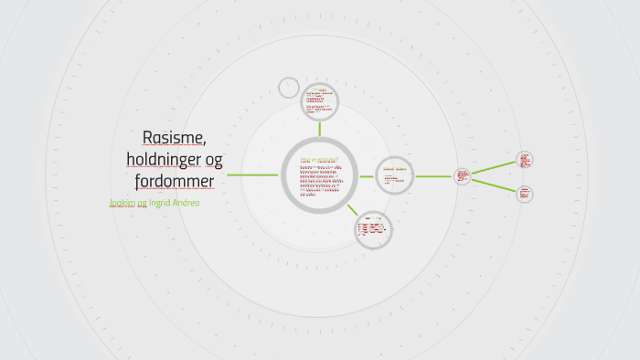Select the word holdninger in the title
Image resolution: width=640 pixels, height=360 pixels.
(161, 160)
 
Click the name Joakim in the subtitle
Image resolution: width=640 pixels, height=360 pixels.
(122, 203)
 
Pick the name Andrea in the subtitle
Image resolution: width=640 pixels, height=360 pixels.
(187, 203)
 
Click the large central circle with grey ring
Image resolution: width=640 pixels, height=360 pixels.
(319, 175)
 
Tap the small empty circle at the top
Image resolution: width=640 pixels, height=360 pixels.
(289, 88)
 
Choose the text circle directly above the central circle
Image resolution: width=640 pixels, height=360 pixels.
(320, 101)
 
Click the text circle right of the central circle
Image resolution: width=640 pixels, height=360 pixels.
(395, 175)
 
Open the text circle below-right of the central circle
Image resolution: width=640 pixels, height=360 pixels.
(372, 228)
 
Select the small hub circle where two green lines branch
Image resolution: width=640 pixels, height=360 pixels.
(463, 175)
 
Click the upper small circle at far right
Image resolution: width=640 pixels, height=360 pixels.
(525, 160)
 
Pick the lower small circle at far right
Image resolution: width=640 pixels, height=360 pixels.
(525, 194)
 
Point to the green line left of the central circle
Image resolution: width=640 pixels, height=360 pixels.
(259, 175)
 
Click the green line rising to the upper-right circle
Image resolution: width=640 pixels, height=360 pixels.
(494, 168)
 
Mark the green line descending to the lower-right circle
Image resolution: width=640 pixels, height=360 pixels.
(494, 185)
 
